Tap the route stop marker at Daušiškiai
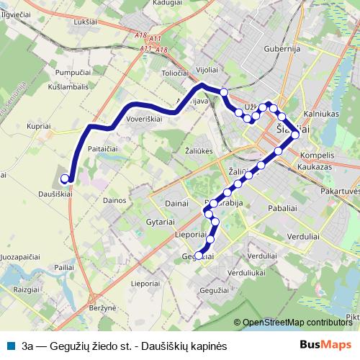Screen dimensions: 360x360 pos(65,179)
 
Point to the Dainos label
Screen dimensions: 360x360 pos(115,200)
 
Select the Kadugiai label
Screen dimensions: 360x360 pos(167,3)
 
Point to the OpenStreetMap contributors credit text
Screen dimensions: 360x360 pos(296,323)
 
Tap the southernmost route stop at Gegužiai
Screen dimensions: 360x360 pos(199,255)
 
